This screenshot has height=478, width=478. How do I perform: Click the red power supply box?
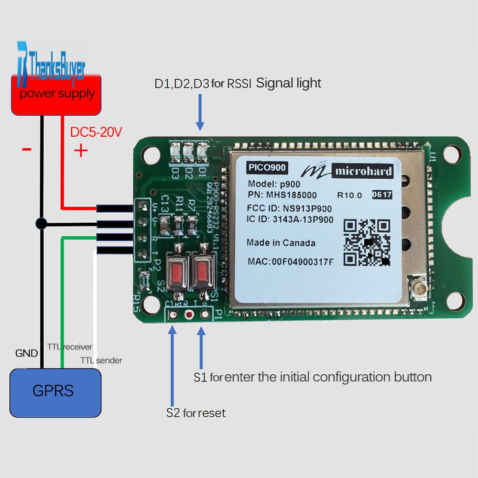click(57, 96)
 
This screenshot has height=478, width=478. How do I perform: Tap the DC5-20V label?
click(96, 132)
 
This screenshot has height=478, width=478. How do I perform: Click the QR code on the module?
click(368, 243)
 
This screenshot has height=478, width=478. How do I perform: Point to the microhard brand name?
click(363, 172)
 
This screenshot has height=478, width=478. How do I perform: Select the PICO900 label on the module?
click(267, 168)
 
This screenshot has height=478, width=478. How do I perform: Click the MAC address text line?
click(291, 261)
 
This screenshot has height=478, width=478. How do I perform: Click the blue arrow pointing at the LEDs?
click(200, 112)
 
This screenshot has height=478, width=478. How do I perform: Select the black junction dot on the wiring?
click(42, 223)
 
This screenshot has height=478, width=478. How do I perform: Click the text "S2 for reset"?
click(196, 413)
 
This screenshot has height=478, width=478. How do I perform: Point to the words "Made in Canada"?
click(281, 243)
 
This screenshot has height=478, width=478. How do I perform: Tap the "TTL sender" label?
click(101, 360)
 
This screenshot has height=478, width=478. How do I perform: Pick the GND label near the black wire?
click(26, 354)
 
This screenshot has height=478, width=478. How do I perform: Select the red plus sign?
click(81, 151)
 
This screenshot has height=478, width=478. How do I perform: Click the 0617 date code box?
click(382, 195)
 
